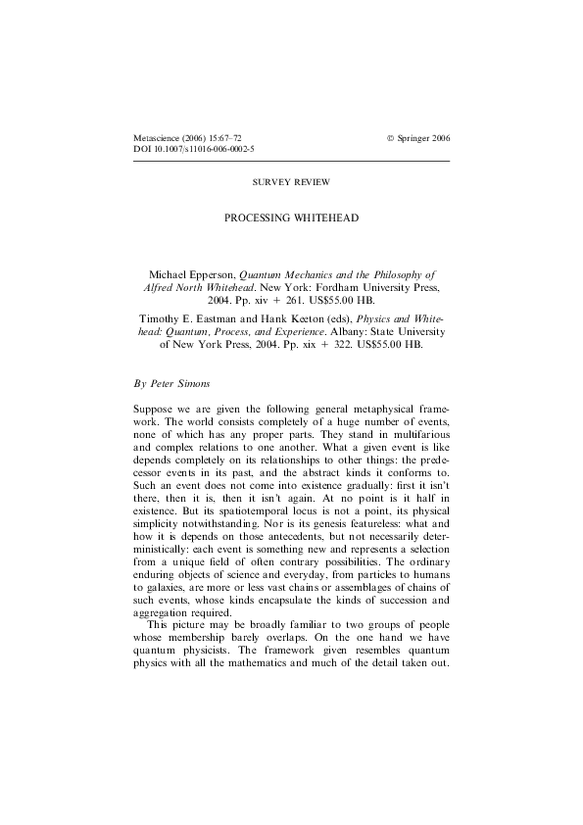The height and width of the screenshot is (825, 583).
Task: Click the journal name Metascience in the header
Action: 156,138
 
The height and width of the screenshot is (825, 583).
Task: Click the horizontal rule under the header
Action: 291,160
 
